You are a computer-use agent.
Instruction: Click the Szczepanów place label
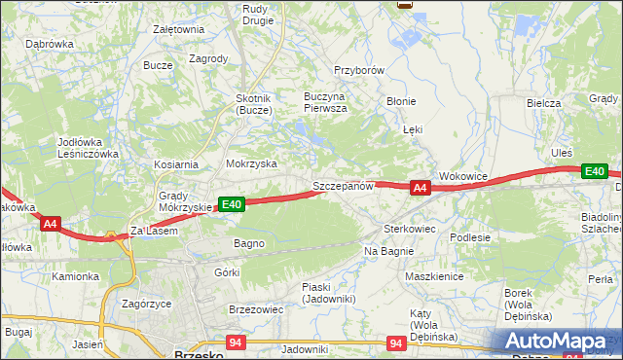(343, 185)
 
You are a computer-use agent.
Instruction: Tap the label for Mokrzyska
(251, 164)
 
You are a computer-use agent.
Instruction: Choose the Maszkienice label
(433, 276)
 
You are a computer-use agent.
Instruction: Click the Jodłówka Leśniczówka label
(88, 148)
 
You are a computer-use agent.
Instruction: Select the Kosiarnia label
(174, 165)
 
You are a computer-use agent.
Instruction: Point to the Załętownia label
(178, 29)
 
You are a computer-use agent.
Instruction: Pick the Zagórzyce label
(147, 304)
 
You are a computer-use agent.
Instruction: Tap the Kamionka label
(76, 276)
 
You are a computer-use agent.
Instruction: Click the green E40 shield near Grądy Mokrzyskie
(231, 204)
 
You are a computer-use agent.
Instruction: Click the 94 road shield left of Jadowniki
(235, 342)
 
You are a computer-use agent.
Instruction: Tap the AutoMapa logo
(556, 342)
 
